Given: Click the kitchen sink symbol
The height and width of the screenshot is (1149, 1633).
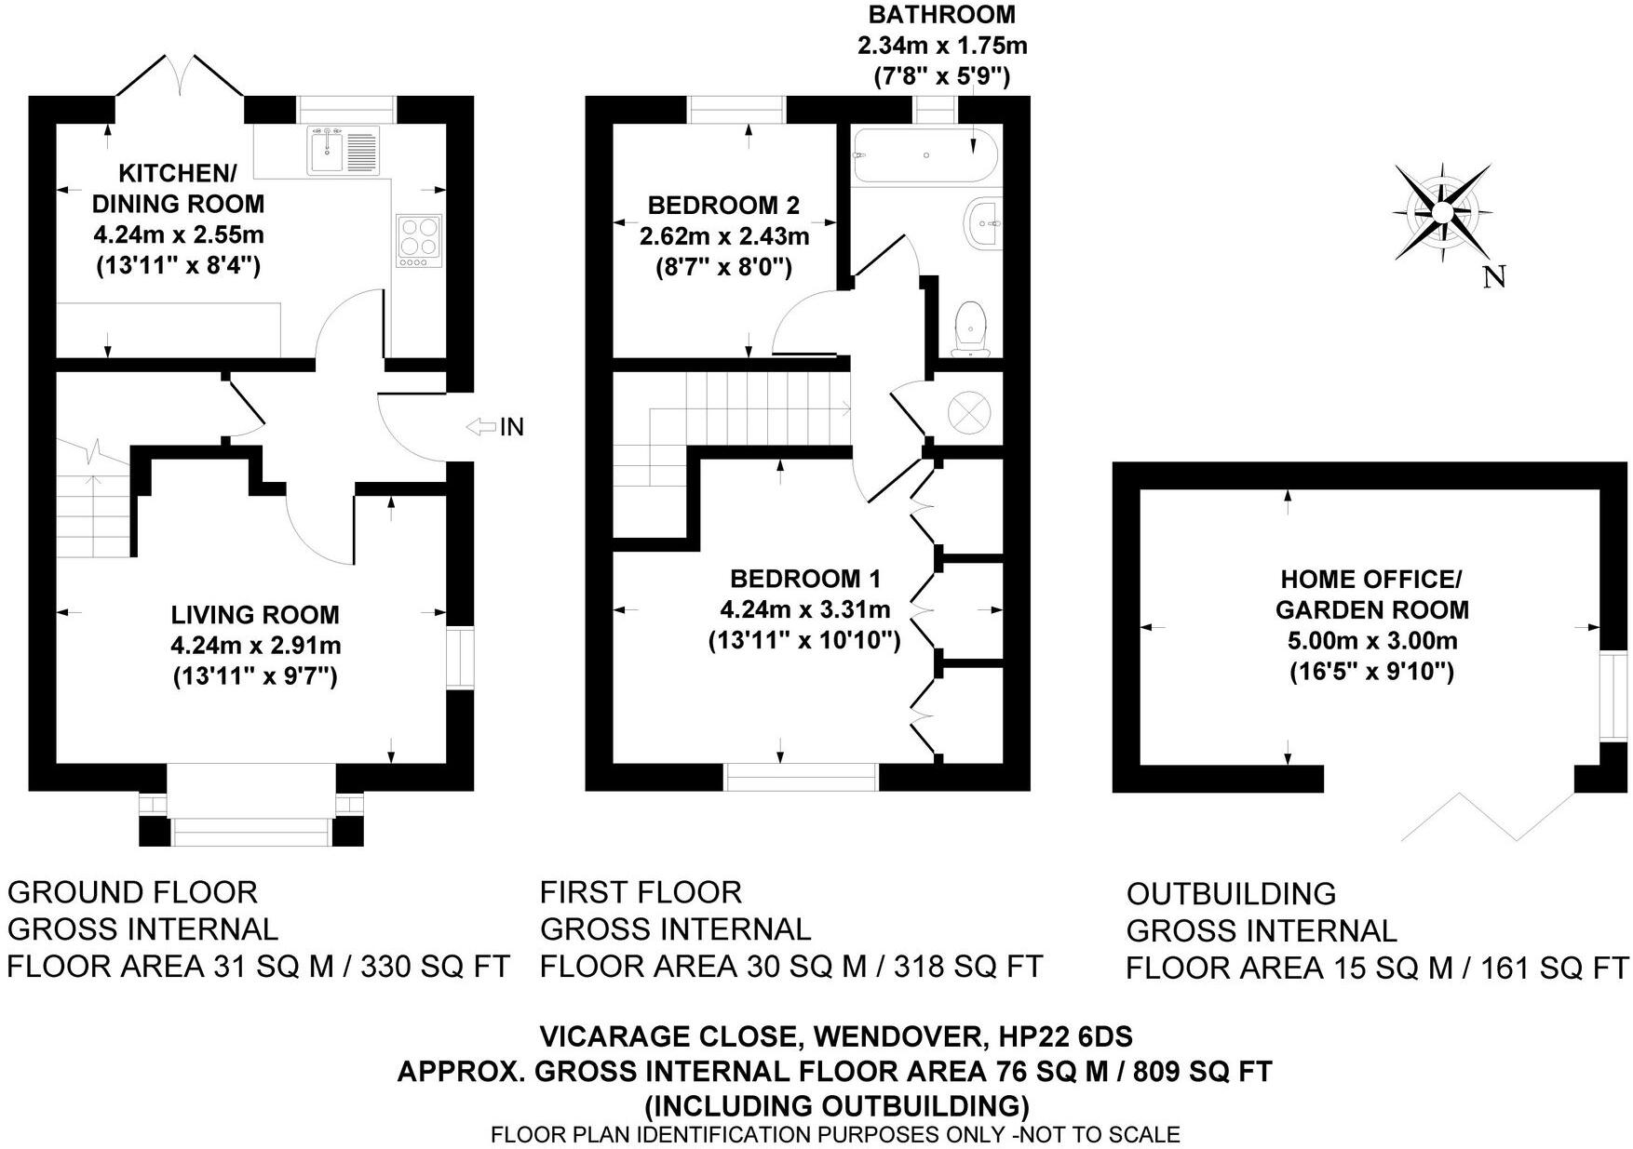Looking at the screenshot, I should [343, 150].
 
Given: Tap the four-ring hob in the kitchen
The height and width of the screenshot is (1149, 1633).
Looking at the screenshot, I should [420, 241].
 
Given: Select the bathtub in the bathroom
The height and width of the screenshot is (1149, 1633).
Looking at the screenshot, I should [925, 154].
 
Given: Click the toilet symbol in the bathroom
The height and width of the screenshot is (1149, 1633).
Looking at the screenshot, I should [971, 328].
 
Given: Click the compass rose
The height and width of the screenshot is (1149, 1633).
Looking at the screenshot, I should [1441, 213].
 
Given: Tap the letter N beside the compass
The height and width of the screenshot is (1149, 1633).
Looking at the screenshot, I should [1493, 276].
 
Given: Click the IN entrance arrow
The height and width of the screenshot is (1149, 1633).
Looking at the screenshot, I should [482, 427].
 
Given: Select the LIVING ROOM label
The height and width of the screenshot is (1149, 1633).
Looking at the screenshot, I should [255, 614].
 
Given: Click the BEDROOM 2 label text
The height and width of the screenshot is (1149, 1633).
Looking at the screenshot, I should [723, 205].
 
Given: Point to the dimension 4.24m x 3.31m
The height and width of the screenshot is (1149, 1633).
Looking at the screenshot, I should [804, 609].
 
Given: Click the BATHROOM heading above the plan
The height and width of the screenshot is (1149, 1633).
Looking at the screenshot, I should [941, 15].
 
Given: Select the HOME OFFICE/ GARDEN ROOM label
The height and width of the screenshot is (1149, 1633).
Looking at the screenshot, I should [1371, 595].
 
